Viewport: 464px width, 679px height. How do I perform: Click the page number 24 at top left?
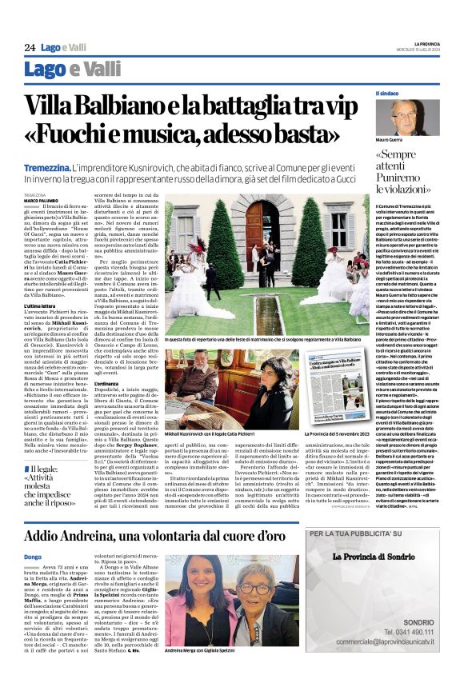pos(30,47)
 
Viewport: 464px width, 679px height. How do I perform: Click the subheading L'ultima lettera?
pos(40,306)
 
